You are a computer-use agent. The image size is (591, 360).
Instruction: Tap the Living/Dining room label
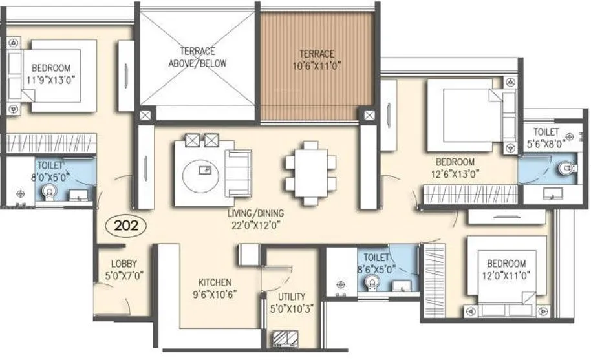(255, 217)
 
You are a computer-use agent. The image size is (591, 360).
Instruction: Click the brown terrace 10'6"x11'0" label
(316, 59)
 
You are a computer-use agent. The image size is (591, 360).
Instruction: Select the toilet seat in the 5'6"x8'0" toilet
(566, 169)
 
